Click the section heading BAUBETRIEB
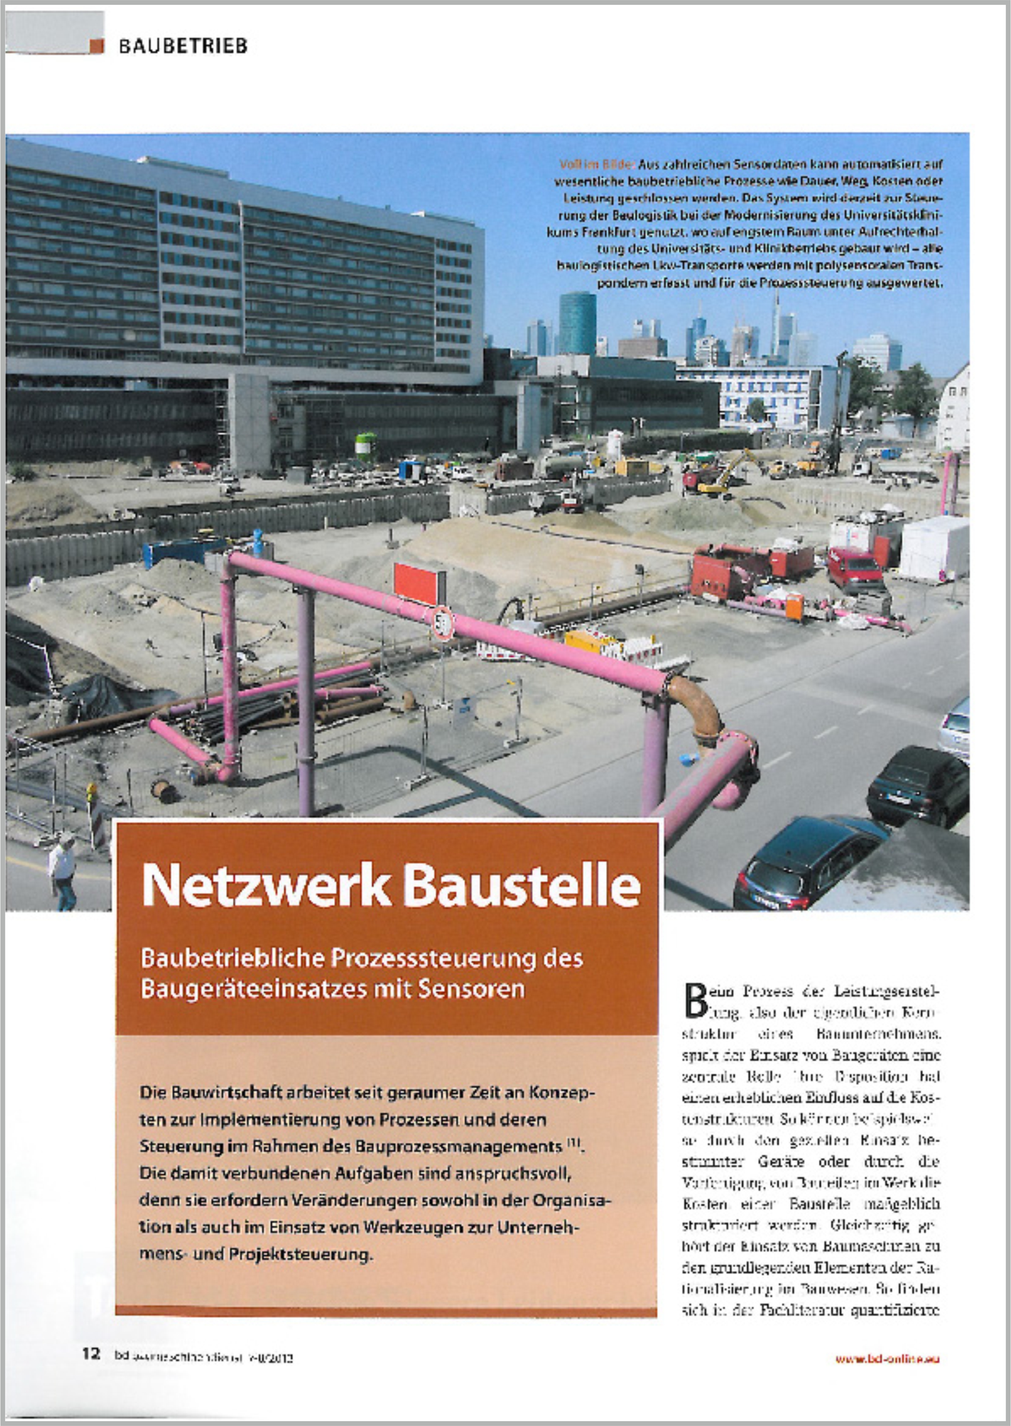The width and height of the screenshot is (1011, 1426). click(183, 46)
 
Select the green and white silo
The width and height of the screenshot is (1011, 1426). click(365, 446)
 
